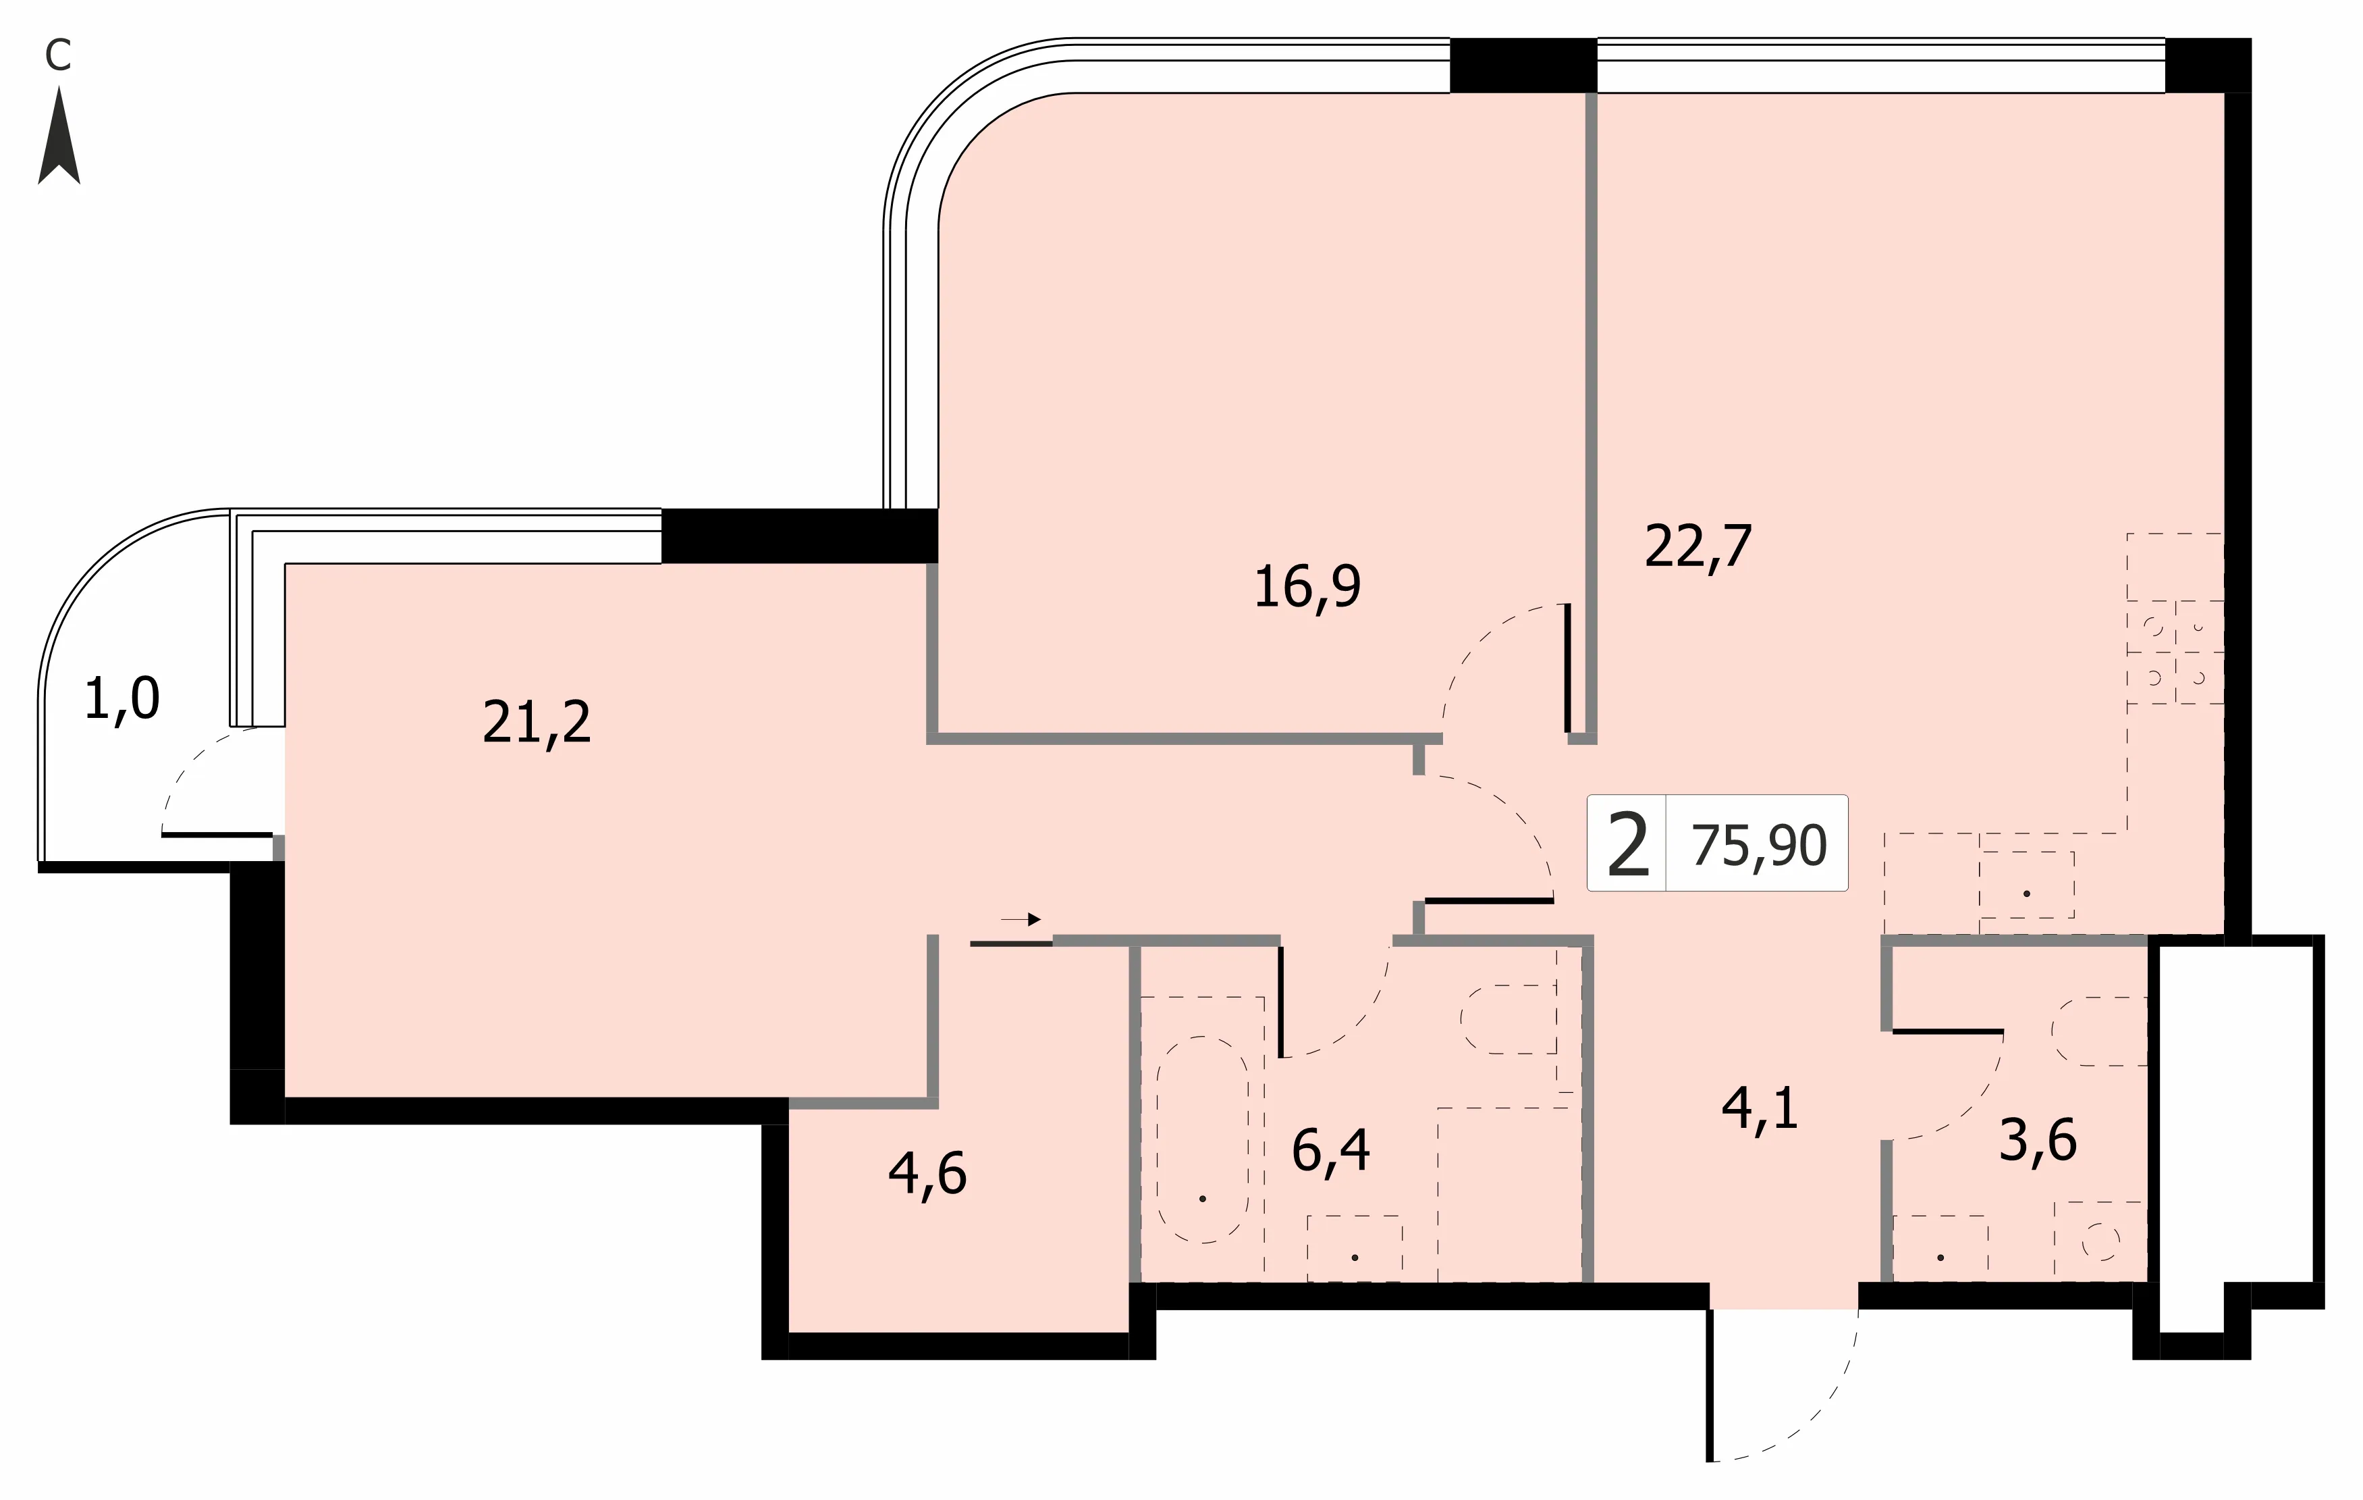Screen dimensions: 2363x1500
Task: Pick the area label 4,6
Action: pos(927,1173)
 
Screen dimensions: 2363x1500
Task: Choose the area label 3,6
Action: pos(2038,1141)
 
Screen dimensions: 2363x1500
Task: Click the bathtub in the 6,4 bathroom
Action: pos(1202,1139)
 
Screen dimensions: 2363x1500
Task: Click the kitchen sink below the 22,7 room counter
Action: pos(2026,885)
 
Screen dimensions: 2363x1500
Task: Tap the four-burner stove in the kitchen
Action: pos(2175,652)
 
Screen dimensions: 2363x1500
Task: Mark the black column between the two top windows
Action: pos(1523,65)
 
